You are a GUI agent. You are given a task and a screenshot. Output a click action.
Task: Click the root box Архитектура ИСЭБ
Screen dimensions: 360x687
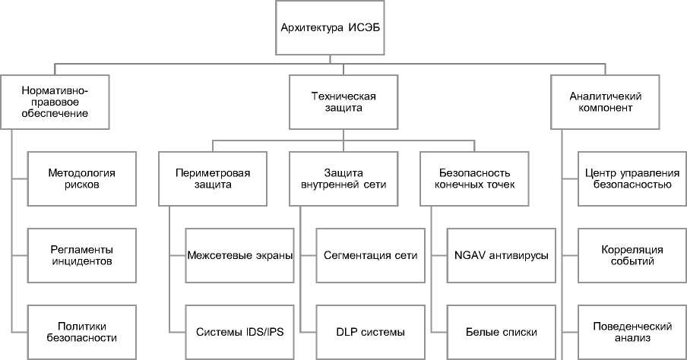tap(343, 29)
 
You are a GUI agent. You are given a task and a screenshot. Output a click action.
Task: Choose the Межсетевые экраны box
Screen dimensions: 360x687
tap(239, 254)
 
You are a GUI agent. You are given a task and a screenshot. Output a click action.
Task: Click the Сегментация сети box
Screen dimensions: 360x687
tap(369, 254)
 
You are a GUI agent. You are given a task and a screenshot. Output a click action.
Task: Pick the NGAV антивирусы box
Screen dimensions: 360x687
tap(500, 254)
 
